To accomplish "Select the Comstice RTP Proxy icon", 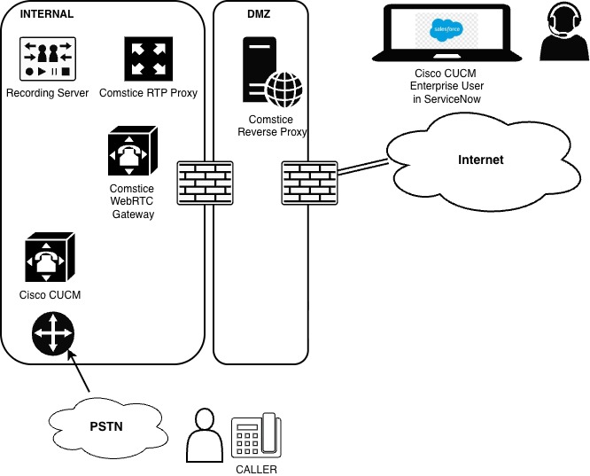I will pos(148,59).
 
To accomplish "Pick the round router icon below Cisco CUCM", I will pos(53,334).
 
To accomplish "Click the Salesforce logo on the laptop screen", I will pos(441,30).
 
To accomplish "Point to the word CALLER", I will pos(255,468).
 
